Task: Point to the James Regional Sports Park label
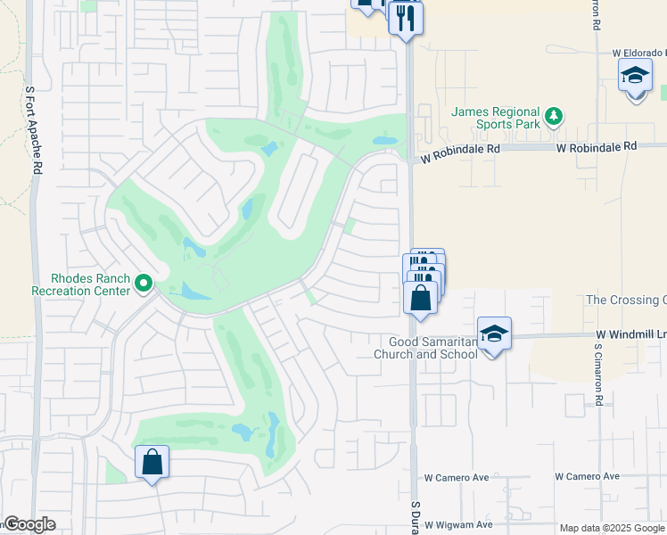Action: click(496, 118)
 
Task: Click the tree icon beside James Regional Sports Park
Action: click(554, 115)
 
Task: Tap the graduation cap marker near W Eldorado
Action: click(635, 77)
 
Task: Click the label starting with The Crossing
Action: click(625, 300)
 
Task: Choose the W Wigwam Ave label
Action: click(458, 525)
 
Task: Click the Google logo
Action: click(29, 524)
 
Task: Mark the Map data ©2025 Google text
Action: click(611, 528)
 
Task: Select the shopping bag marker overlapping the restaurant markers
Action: click(421, 298)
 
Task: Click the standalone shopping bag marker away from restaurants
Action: click(152, 463)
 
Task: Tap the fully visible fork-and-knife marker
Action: click(405, 18)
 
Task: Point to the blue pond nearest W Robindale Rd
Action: click(384, 141)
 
